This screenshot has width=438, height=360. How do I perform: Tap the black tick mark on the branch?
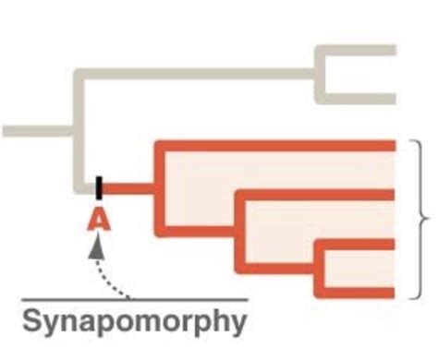[x=99, y=187]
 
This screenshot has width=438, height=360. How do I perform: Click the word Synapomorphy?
[x=135, y=322]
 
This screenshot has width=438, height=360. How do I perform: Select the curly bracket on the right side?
[x=418, y=220]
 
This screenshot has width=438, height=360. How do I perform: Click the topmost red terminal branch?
[x=277, y=145]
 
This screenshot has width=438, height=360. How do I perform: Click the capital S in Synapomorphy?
[x=30, y=322]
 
